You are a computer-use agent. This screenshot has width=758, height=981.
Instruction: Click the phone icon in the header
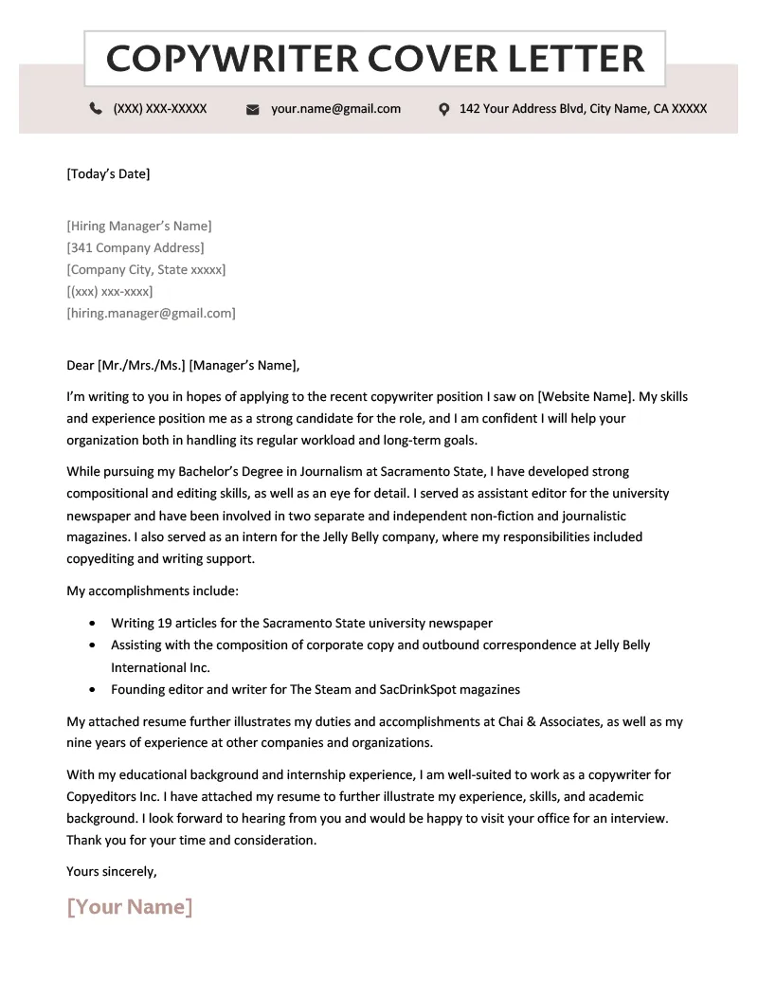click(96, 109)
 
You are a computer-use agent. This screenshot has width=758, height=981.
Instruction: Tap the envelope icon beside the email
click(253, 110)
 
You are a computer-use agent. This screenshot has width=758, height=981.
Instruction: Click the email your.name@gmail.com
click(335, 109)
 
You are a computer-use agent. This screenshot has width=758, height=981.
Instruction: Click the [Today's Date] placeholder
click(108, 173)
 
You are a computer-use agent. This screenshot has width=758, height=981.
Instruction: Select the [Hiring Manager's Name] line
click(139, 226)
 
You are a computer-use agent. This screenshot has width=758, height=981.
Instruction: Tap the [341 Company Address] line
click(135, 247)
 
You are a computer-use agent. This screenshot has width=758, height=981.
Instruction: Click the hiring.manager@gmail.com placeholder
click(151, 313)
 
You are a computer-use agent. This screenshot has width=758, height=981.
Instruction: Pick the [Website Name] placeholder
click(585, 396)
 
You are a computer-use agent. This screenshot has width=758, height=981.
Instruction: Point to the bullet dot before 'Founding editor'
click(91, 690)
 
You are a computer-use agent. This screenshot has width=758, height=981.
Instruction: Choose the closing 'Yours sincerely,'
click(112, 871)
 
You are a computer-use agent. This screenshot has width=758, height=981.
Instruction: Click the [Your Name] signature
click(130, 907)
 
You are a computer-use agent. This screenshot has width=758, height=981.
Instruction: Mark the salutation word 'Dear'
click(80, 365)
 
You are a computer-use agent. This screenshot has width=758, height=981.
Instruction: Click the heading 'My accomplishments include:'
click(153, 590)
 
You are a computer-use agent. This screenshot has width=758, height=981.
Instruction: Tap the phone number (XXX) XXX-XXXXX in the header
click(159, 109)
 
